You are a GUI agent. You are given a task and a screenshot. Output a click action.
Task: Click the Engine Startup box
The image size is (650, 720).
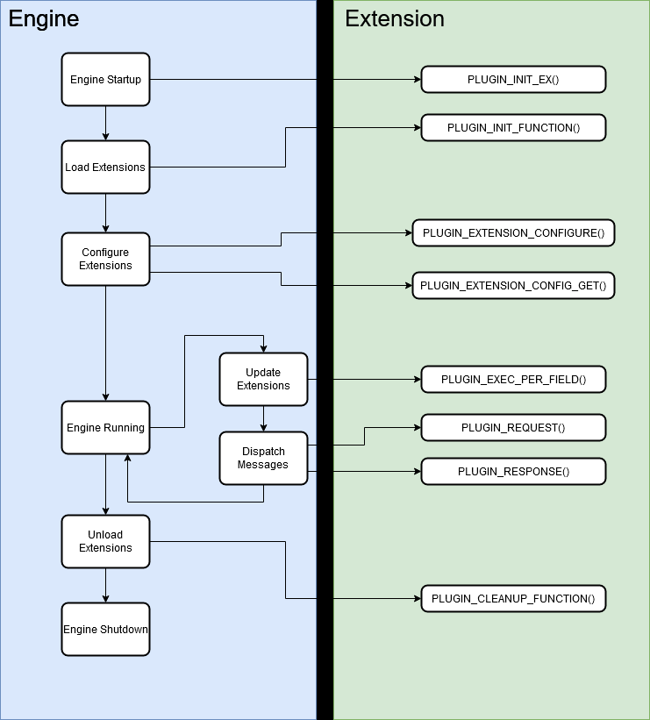[105, 80]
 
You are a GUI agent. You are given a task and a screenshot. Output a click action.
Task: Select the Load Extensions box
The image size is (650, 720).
[105, 167]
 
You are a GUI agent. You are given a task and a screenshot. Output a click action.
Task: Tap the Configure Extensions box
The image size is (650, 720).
[105, 259]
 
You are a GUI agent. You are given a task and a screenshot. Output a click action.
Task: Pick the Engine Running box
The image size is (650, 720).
[105, 428]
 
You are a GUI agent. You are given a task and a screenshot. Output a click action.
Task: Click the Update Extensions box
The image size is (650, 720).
[263, 379]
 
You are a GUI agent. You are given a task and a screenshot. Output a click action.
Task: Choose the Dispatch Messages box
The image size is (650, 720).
[263, 458]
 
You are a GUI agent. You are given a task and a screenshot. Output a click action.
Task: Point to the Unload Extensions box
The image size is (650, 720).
[105, 541]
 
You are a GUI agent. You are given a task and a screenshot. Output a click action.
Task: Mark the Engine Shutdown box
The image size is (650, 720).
[105, 629]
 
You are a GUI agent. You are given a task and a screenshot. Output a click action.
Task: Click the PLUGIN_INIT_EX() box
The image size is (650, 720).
[513, 80]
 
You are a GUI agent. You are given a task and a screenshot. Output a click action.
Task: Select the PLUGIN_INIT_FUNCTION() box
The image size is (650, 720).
[513, 128]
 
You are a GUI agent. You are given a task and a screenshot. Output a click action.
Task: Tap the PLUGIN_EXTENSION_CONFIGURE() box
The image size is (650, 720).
[513, 233]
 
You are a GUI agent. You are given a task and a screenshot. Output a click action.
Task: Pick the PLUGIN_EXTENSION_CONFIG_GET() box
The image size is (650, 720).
[513, 286]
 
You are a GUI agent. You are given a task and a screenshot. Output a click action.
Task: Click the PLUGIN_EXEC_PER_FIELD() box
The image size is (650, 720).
[513, 380]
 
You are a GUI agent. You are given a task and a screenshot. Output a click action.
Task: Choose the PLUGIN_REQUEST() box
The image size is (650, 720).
[513, 428]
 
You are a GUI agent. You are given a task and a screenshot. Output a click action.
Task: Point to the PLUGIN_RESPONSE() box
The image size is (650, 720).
[513, 472]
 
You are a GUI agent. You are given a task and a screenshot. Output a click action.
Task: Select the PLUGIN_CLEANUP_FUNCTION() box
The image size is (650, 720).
[513, 599]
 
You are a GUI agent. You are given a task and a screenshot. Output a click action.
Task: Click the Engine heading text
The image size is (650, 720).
[44, 18]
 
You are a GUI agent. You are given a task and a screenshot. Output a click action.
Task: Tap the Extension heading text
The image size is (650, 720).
[395, 18]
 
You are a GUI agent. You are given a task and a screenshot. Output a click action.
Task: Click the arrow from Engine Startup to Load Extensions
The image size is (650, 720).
[105, 124]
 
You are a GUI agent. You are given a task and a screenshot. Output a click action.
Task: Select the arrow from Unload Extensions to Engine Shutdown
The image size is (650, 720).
[105, 585]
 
